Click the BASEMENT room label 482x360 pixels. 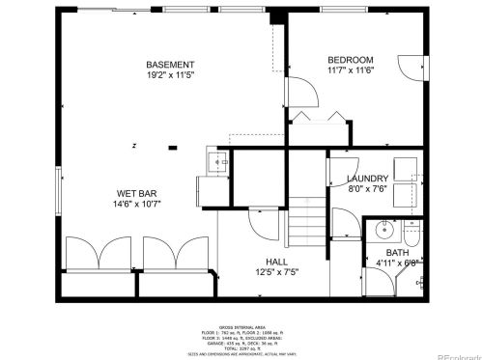[170, 64]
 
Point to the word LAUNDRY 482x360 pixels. [368, 179]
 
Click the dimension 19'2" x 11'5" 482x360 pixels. [170, 74]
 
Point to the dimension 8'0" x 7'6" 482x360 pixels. [368, 189]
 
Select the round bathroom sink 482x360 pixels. [384, 231]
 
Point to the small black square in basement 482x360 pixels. [173, 148]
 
